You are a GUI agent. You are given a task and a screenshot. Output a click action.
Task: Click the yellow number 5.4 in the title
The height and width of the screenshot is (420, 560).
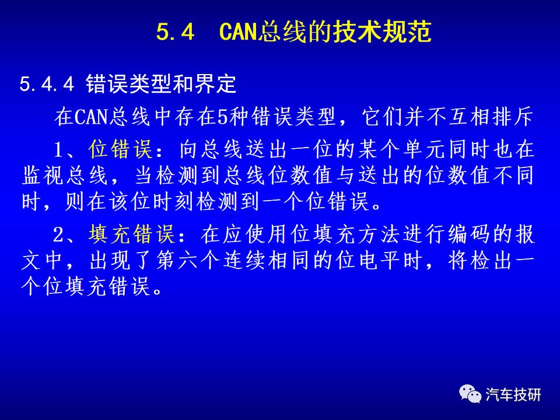pyautogui.click(x=175, y=32)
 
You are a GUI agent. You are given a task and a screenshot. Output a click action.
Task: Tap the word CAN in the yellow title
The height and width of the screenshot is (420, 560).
pyautogui.click(x=238, y=32)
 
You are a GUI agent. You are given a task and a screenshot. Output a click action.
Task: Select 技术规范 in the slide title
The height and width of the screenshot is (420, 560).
pyautogui.click(x=382, y=32)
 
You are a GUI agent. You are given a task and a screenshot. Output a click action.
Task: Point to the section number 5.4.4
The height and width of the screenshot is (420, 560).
pyautogui.click(x=47, y=84)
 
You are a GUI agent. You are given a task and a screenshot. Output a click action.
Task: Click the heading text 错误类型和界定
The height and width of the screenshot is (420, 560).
pyautogui.click(x=161, y=84)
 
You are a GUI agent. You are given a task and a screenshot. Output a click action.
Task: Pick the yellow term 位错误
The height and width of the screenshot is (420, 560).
pyautogui.click(x=121, y=149)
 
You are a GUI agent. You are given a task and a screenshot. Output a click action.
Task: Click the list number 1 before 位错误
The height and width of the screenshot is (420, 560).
pyautogui.click(x=58, y=150)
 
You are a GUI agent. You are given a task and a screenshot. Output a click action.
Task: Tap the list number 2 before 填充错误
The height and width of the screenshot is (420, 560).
pyautogui.click(x=58, y=235)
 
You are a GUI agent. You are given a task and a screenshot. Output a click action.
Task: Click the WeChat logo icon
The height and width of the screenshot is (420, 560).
pyautogui.click(x=470, y=394)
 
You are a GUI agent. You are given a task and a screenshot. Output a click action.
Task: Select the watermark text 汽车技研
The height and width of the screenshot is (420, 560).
pyautogui.click(x=513, y=395)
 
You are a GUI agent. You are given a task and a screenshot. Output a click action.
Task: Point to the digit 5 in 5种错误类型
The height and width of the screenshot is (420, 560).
pyautogui.click(x=223, y=117)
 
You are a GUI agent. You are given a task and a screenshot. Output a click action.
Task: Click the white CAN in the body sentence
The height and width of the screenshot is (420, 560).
pyautogui.click(x=91, y=117)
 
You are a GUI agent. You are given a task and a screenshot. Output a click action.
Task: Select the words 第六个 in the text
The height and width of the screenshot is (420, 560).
pyautogui.click(x=188, y=261)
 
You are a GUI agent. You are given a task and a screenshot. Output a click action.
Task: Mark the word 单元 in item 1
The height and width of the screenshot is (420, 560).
pyautogui.click(x=425, y=149)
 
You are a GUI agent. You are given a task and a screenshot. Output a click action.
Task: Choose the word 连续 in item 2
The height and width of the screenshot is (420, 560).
pyautogui.click(x=244, y=261)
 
